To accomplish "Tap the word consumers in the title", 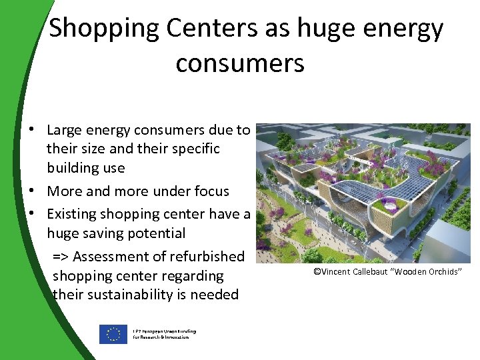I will tap(240, 63).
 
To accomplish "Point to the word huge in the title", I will tap(323, 29).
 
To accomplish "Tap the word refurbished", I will tap(213, 257).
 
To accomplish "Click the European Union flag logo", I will tap(113, 334).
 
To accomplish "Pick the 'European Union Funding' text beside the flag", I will tap(164, 331).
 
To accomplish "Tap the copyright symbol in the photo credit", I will tap(317, 271).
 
